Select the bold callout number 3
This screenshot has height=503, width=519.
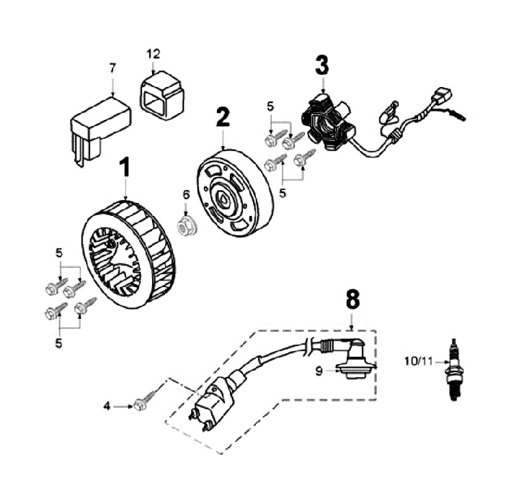(321, 65)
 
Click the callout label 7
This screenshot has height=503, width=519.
(112, 68)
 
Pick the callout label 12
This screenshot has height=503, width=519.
(154, 53)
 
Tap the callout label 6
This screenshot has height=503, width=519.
(185, 194)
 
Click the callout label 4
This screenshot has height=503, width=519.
(107, 407)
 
